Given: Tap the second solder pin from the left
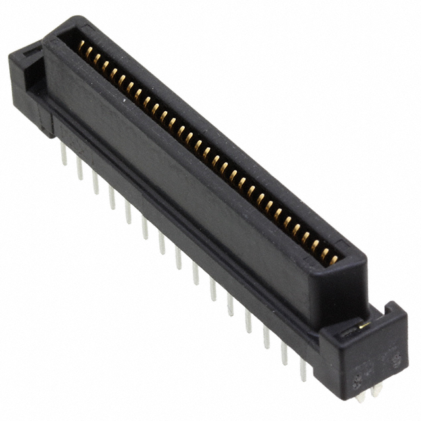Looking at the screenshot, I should pos(80,168).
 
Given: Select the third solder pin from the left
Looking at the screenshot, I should pos(95,183).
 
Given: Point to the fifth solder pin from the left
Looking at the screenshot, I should pos(128,212).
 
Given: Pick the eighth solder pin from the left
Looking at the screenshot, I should pos(178,257).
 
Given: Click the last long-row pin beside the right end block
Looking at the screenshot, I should pos(303,370).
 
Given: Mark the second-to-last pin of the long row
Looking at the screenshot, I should pos(284,354).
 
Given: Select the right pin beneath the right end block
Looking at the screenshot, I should pos(376,391).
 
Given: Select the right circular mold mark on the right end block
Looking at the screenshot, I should pos(396,359).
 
